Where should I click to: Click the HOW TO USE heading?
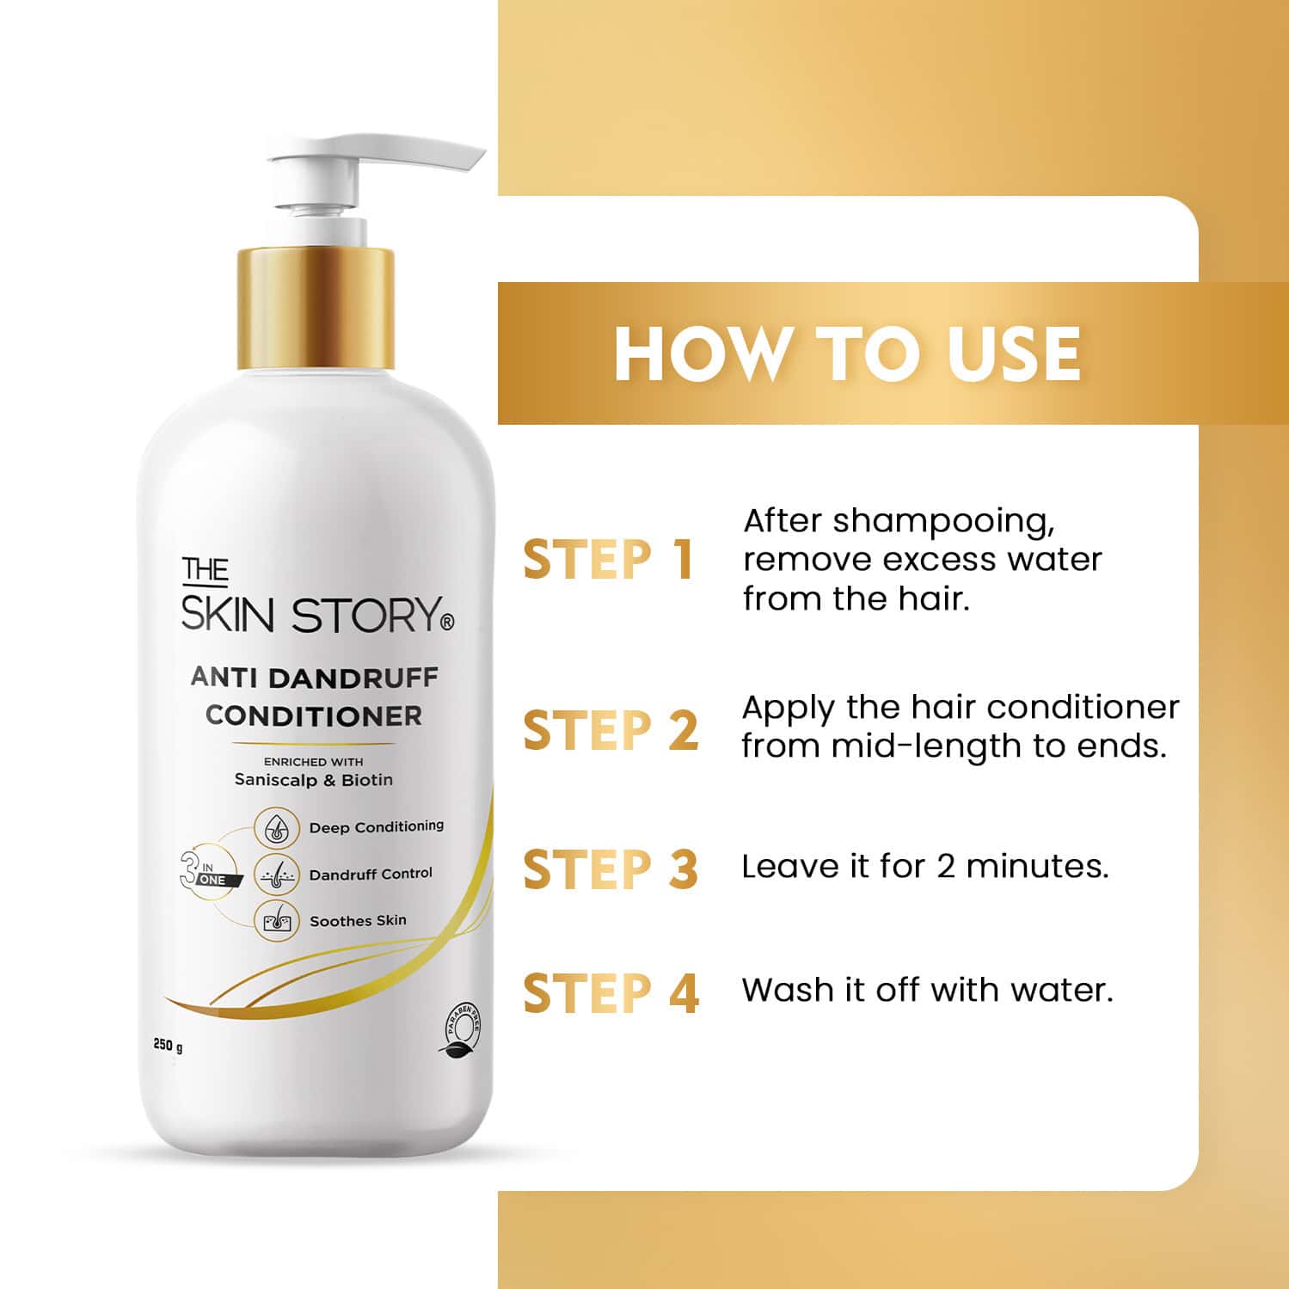coord(847,353)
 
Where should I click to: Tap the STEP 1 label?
coord(608,561)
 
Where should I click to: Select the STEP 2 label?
coord(611,731)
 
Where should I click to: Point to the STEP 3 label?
coord(611,869)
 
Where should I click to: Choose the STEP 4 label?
coord(611,993)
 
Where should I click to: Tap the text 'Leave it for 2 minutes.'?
coord(925,866)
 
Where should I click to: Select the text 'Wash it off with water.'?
coord(927,990)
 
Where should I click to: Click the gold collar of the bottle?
coord(316,308)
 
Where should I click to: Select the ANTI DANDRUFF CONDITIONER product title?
coord(314,697)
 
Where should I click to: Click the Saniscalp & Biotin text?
coord(314,780)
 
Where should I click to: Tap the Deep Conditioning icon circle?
coord(276,828)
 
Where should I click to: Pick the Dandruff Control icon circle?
coord(276,875)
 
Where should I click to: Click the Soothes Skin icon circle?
coord(276,921)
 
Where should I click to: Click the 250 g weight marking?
coord(169,1047)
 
